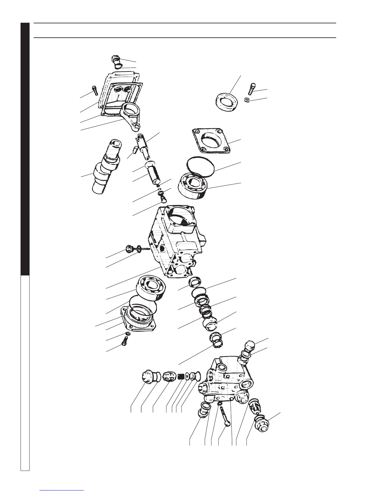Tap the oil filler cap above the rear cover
tap(115, 59)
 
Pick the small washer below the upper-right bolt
tap(247, 100)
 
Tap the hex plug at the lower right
tap(261, 424)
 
